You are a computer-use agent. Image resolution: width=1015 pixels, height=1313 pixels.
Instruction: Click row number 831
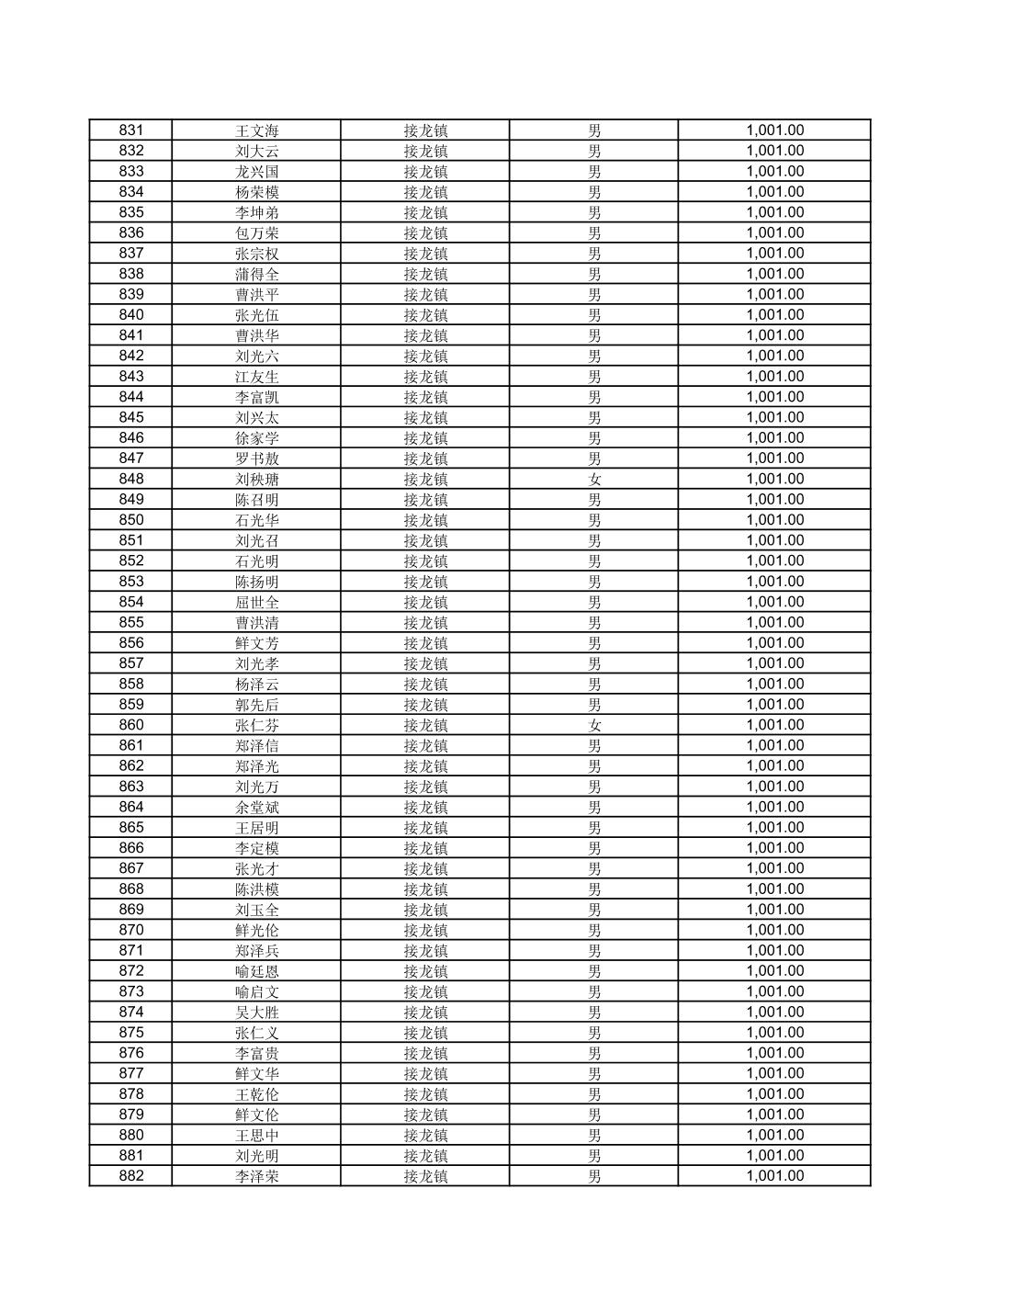[x=131, y=130]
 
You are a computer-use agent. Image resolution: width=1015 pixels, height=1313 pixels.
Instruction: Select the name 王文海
[x=256, y=130]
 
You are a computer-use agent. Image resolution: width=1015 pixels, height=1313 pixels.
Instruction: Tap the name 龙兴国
[x=256, y=172]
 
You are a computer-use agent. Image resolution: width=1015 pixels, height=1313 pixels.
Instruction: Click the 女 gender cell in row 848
[x=594, y=479]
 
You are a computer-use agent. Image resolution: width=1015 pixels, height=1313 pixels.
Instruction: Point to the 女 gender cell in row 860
[x=594, y=725]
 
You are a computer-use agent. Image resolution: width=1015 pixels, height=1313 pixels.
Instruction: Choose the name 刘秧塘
[x=256, y=479]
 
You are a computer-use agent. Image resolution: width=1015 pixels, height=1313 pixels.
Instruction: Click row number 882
[x=131, y=1176]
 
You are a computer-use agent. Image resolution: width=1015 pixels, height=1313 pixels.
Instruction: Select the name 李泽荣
[x=256, y=1176]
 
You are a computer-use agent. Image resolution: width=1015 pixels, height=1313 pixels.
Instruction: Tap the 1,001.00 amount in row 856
[x=774, y=643]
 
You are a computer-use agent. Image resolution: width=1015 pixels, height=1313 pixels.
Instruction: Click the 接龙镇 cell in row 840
[x=425, y=315]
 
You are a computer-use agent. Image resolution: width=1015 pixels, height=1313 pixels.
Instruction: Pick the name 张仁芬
[x=256, y=725]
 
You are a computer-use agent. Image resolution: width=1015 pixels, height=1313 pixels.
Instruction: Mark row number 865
[x=131, y=828]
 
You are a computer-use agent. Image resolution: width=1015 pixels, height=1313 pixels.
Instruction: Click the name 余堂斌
[x=256, y=807]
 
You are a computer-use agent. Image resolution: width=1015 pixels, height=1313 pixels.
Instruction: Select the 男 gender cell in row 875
[x=594, y=1033]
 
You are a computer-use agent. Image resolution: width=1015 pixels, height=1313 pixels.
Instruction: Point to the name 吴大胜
[x=256, y=1012]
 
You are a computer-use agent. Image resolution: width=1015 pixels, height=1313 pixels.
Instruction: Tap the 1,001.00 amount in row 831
[x=774, y=130]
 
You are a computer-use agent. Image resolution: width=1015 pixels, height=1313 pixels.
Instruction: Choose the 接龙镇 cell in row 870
[x=425, y=930]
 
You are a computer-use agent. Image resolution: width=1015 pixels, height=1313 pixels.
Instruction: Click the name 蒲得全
[x=256, y=274]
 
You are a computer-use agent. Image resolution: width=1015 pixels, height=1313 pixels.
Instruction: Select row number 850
[x=131, y=520]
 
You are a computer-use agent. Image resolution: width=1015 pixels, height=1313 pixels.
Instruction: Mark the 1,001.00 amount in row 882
[x=774, y=1176]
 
